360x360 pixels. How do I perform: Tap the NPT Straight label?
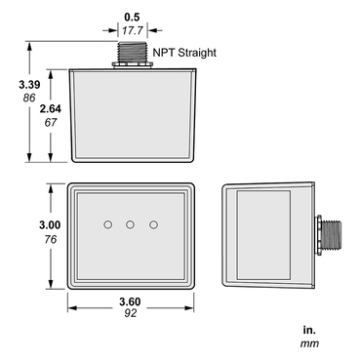tap(184, 52)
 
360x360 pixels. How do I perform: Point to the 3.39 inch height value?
tap(16, 86)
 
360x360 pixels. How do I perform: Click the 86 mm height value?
tap(16, 100)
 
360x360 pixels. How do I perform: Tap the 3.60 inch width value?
tap(130, 301)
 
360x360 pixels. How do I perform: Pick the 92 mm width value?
tap(130, 314)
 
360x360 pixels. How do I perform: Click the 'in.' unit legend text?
tap(308, 330)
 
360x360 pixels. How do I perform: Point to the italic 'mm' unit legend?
tap(308, 343)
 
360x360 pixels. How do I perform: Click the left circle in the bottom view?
tap(107, 225)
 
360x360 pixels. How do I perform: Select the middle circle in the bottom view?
tap(130, 225)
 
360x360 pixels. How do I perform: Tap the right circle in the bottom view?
tap(153, 225)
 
